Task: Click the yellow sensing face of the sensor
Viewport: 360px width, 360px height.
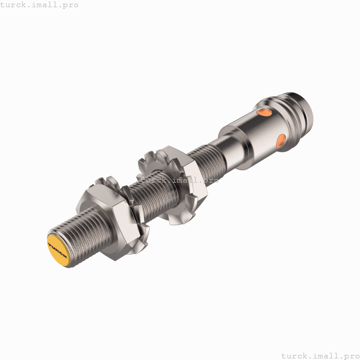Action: tap(60, 249)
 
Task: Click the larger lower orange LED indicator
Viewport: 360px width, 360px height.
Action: tap(281, 141)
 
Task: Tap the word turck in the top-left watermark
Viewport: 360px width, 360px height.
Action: tap(13, 5)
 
